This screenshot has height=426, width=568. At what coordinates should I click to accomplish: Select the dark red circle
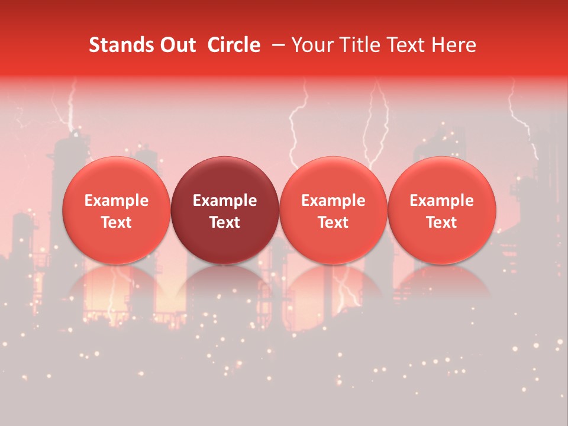click(225, 210)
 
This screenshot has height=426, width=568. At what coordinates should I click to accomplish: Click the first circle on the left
click(117, 210)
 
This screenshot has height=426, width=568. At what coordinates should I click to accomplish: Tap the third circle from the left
click(333, 210)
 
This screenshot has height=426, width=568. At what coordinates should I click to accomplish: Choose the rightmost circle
click(442, 210)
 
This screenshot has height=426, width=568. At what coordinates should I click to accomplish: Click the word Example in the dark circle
click(225, 201)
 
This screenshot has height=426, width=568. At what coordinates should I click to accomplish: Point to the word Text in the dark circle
click(225, 222)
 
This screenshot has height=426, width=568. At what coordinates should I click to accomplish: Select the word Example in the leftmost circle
click(117, 201)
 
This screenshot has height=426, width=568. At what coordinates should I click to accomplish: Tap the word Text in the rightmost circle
click(442, 222)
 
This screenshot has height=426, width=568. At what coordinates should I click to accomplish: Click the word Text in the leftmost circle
click(117, 222)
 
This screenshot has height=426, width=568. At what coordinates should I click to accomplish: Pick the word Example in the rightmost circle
click(442, 201)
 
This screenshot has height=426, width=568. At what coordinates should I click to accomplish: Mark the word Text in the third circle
click(333, 222)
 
